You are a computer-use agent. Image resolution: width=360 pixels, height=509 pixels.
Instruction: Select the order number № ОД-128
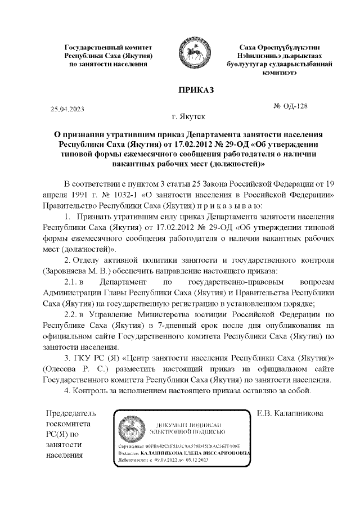tap(290, 106)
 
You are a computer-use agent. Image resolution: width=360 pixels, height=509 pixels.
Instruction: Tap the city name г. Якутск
tap(189, 117)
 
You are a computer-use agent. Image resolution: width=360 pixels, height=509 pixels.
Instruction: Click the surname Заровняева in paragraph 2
tap(66, 270)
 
